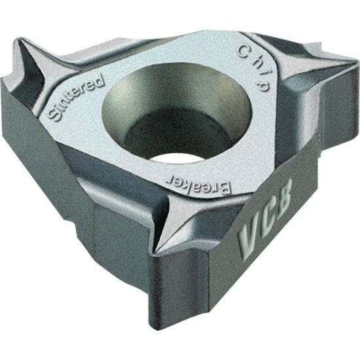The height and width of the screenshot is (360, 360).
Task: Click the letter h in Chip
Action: point(253,60)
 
